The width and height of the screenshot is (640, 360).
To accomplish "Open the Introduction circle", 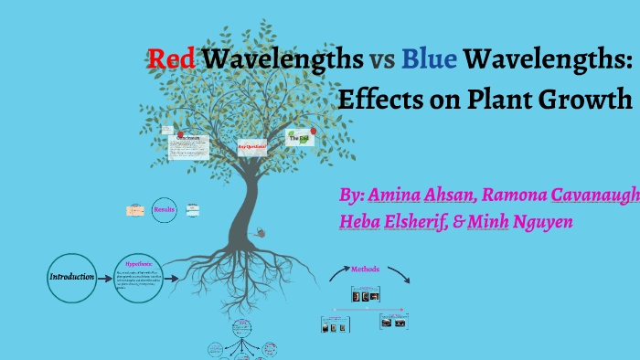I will [71, 277].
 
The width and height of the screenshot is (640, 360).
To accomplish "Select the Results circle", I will [165, 210].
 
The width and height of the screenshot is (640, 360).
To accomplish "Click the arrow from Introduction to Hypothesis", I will [105, 277].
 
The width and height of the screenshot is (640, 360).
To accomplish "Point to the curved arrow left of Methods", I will [339, 272].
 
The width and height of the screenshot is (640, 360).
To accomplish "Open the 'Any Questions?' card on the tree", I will [252, 146].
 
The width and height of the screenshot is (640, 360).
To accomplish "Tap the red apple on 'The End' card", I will [314, 131].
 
